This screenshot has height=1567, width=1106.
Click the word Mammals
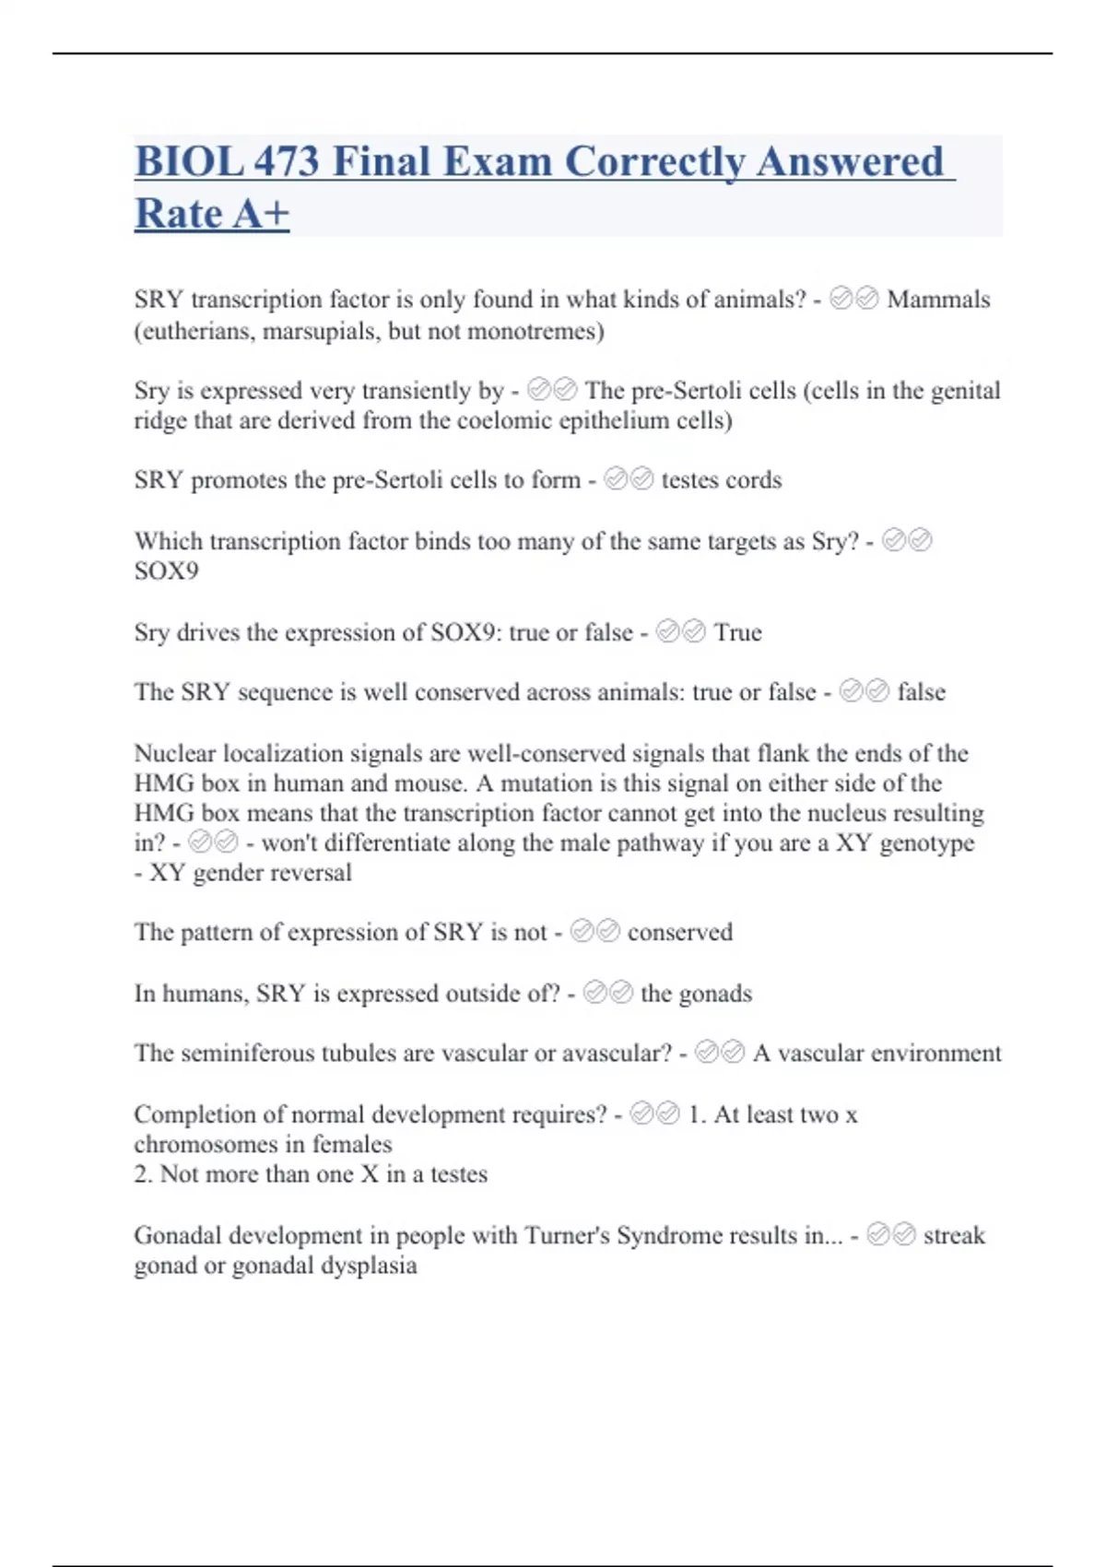[x=938, y=300]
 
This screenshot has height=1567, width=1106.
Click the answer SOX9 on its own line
[x=166, y=571]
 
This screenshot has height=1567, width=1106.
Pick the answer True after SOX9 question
[x=737, y=632]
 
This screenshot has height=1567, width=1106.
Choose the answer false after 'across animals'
[x=922, y=692]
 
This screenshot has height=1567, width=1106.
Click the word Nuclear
[x=175, y=753]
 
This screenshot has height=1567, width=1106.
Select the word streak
[x=954, y=1235]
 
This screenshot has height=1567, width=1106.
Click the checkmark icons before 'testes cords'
[x=629, y=479]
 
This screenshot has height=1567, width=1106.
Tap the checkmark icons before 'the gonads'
[x=608, y=993]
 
